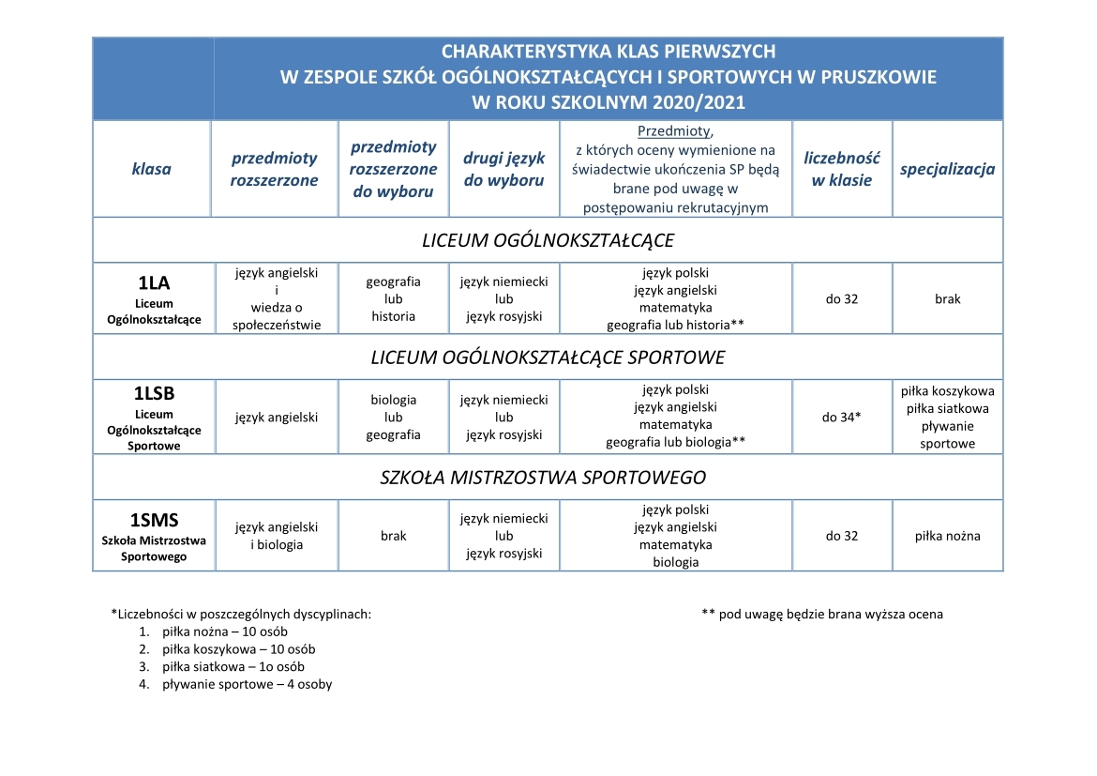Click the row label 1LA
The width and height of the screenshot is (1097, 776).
153,282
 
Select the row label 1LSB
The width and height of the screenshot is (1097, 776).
155,394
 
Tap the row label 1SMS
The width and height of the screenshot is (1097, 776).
154,521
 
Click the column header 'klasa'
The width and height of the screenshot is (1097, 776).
152,170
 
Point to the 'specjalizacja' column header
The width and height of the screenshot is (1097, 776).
947,170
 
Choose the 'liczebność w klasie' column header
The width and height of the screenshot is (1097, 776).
842,170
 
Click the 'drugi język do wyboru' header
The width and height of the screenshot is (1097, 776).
504,170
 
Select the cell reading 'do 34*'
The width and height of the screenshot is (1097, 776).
842,418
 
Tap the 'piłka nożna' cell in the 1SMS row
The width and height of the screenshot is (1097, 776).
947,537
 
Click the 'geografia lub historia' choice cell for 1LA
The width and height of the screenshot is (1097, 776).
393,299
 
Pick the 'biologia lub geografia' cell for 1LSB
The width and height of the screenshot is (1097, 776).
393,418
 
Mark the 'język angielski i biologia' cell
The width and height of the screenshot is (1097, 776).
277,537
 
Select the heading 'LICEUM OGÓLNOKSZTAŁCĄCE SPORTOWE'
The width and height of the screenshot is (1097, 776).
548,358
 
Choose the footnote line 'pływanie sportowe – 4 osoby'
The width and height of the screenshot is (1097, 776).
247,684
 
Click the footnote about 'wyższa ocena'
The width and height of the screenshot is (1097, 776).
822,615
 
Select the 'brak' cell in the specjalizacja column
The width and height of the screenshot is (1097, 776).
947,299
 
